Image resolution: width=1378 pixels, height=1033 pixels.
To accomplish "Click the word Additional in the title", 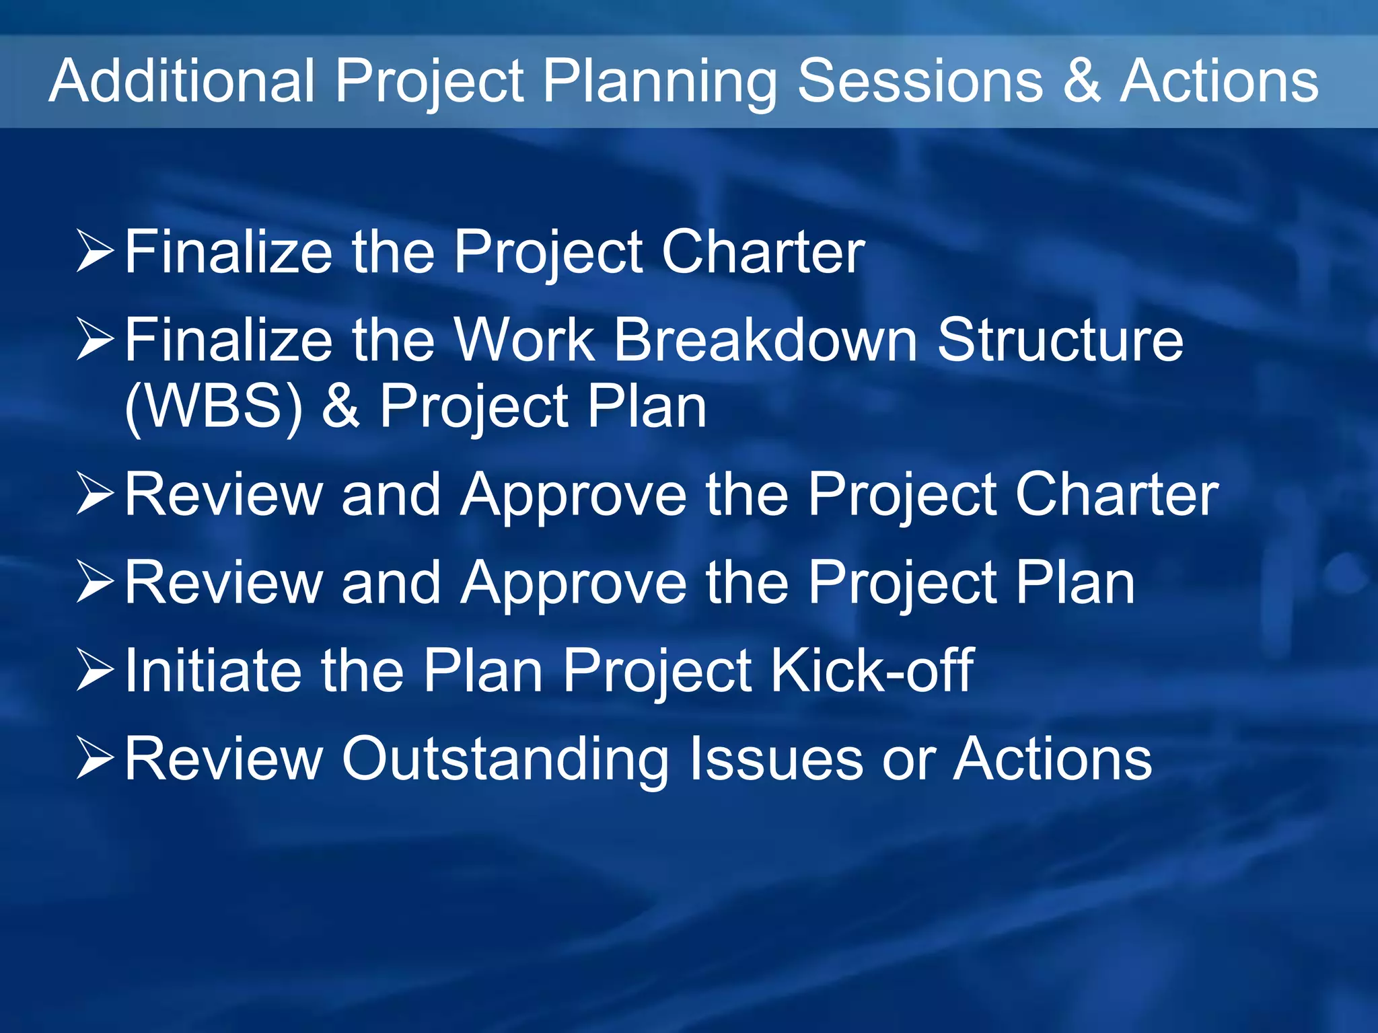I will tap(182, 81).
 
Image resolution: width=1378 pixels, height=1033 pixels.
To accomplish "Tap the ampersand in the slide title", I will tap(1082, 81).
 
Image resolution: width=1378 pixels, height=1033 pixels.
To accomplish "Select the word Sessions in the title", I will tap(920, 81).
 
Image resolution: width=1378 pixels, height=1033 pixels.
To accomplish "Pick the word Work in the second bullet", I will tap(524, 340).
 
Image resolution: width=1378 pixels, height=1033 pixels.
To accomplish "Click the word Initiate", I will tap(213, 671).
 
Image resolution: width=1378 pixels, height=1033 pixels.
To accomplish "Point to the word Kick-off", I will tap(872, 671).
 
